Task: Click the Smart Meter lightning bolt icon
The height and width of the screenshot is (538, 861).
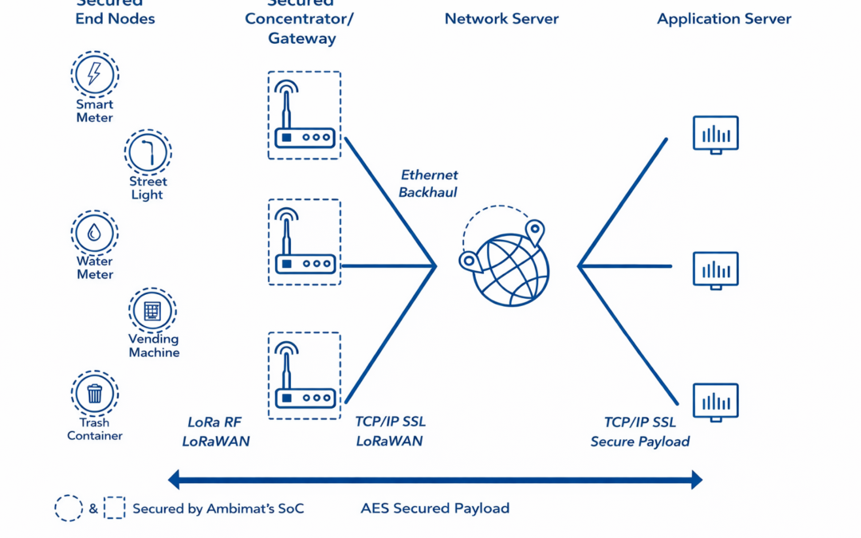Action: [x=94, y=74]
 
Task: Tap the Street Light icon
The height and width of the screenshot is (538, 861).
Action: [x=148, y=151]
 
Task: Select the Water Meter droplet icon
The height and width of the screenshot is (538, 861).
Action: [x=94, y=233]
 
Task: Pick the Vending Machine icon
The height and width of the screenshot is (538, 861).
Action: [x=152, y=310]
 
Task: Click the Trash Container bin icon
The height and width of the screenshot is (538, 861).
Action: [x=95, y=393]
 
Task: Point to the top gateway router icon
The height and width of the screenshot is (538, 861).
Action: [x=305, y=116]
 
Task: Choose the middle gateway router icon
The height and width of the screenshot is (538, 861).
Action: [x=305, y=242]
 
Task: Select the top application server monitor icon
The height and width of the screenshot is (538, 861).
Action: [x=715, y=135]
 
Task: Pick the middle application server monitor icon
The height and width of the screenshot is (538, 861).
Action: [x=715, y=270]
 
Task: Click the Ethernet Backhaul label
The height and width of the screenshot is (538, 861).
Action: [x=429, y=183]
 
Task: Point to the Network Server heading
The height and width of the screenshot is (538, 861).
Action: [x=501, y=19]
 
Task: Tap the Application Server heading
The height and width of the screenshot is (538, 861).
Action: [x=724, y=19]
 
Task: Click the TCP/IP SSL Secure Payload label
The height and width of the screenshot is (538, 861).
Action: [x=639, y=431]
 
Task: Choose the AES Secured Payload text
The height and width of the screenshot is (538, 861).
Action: [x=435, y=508]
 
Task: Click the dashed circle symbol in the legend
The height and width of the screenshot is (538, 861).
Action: [x=69, y=508]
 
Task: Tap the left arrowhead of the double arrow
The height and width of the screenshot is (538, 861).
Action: [x=174, y=480]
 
